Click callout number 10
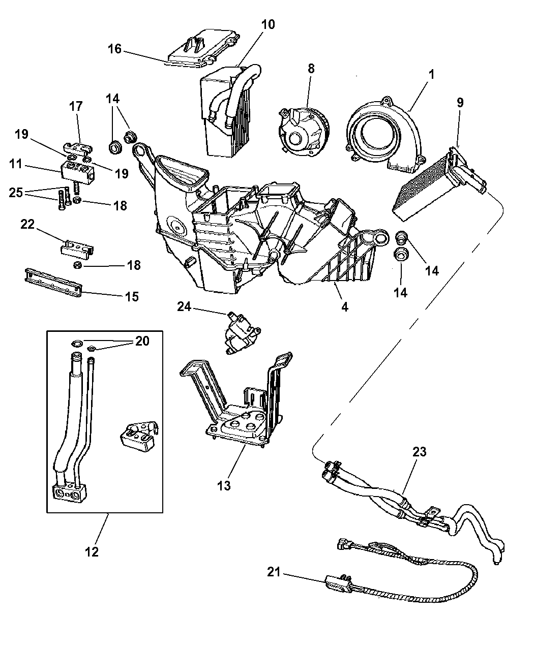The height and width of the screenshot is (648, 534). click(269, 24)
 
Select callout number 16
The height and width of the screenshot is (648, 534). click(115, 49)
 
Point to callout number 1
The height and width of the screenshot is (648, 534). click(431, 74)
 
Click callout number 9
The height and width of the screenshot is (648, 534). click(460, 102)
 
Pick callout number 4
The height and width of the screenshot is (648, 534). click(345, 307)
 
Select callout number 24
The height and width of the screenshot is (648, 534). click(184, 306)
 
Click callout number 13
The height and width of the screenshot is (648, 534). click(224, 485)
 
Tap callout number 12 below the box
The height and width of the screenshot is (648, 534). click(92, 551)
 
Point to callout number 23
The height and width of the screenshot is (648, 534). click(420, 451)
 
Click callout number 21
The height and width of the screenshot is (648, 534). click(275, 572)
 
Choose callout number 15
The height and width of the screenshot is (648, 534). click(132, 296)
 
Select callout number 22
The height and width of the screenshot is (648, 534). click(28, 224)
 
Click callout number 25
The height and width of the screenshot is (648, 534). click(16, 193)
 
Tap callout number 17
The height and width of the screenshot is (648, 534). click(76, 107)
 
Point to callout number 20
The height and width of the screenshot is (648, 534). click(142, 341)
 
